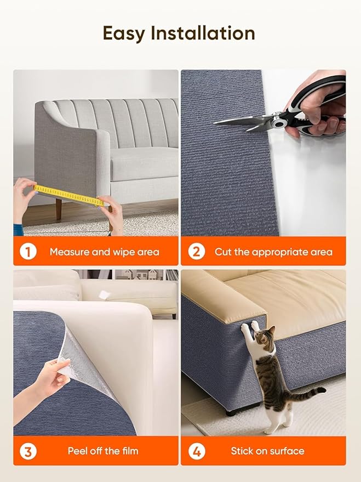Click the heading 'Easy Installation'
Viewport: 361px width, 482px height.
point(179,33)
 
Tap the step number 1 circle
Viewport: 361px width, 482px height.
point(28,252)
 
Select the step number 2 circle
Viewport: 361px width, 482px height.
point(197,252)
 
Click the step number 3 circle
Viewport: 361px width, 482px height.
point(28,451)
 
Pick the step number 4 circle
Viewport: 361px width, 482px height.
point(197,451)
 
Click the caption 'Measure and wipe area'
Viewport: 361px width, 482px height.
point(104,252)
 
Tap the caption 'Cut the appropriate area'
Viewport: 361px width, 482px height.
point(273,252)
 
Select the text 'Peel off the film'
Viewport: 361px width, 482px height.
point(103,451)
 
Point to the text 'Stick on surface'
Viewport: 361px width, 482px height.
point(267,451)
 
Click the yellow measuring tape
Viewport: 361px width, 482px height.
point(68,195)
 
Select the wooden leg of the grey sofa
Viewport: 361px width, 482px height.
point(58,209)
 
